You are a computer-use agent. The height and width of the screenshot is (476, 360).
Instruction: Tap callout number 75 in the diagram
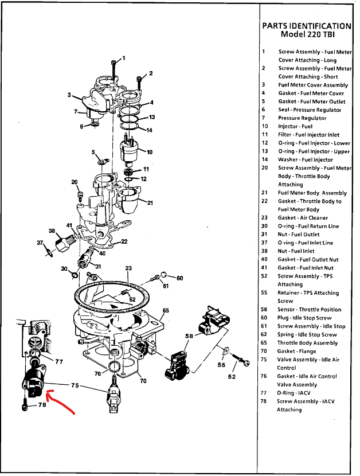[x=74, y=386]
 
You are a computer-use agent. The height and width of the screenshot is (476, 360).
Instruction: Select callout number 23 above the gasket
[x=128, y=268]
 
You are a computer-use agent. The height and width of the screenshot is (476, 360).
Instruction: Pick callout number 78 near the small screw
[x=41, y=405]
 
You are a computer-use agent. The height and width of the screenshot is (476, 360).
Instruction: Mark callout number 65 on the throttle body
[x=166, y=311]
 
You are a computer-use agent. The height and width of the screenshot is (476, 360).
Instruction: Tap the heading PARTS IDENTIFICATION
[x=306, y=26]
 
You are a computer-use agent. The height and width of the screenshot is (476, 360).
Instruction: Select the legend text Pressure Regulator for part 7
[x=302, y=118]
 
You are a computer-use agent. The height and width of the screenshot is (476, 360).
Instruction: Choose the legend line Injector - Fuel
[x=295, y=126]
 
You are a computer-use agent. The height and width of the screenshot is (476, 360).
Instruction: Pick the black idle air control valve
[x=33, y=384]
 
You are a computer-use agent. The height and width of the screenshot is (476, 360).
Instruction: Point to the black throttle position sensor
[x=178, y=361]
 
